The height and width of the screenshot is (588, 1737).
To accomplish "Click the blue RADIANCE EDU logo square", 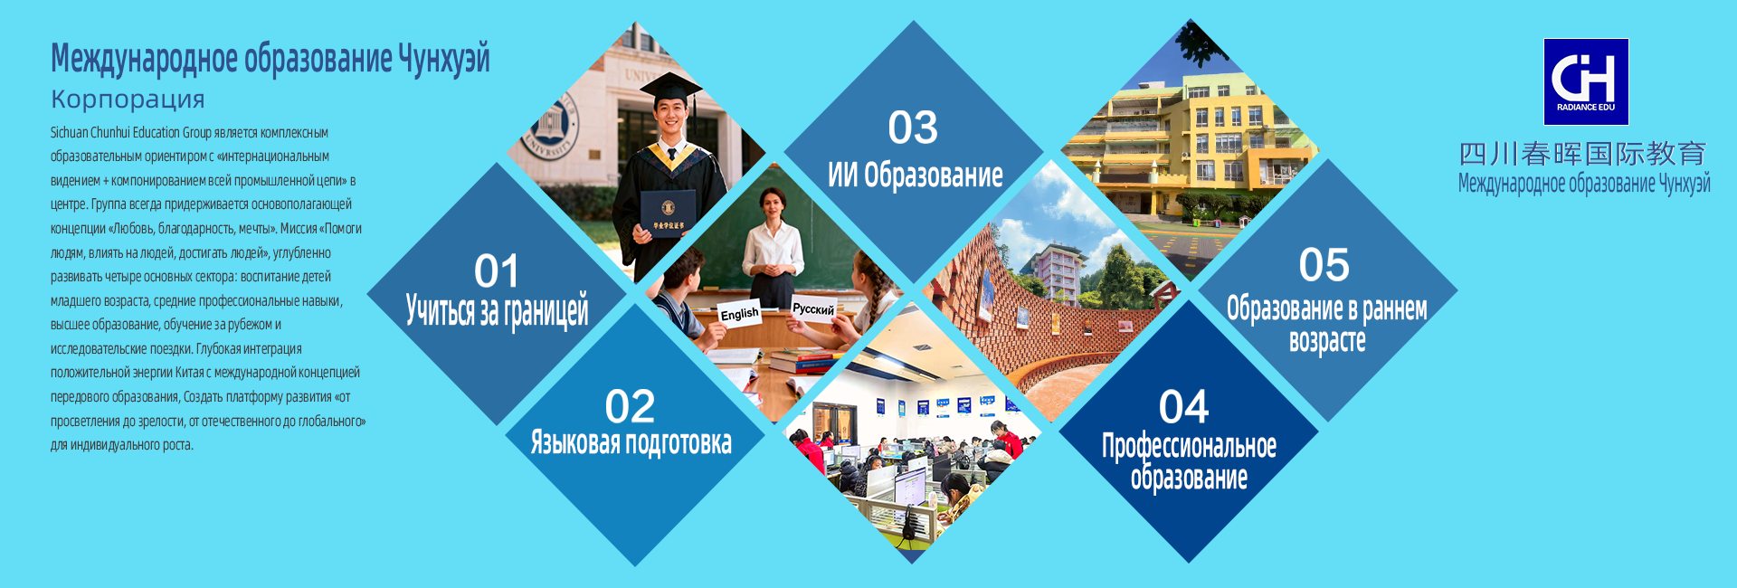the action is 1586,81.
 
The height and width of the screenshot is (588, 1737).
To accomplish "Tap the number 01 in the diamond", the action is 497,271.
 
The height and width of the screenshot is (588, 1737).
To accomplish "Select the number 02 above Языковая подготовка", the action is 630,407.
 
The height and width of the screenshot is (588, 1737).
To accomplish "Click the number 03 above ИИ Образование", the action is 913,128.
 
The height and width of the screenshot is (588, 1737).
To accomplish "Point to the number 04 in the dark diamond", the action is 1183,407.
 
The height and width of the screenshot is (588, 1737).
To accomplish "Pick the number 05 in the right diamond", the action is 1324,265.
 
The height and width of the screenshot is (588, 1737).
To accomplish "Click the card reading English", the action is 739,313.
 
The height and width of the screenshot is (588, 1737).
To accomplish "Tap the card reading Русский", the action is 813,308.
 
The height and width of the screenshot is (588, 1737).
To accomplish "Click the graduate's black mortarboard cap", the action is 669,90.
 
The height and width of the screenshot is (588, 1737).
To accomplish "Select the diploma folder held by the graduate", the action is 668,213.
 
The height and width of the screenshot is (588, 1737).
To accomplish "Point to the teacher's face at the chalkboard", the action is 772,205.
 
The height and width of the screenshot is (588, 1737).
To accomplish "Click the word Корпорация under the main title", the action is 128,100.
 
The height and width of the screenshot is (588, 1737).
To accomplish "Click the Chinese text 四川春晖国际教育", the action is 1583,154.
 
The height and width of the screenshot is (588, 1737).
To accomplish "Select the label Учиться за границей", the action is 497,310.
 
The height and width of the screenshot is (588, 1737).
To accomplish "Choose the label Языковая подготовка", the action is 631,442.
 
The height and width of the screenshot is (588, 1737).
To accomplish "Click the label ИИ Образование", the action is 915,175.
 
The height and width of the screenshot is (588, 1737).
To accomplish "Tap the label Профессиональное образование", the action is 1189,461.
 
